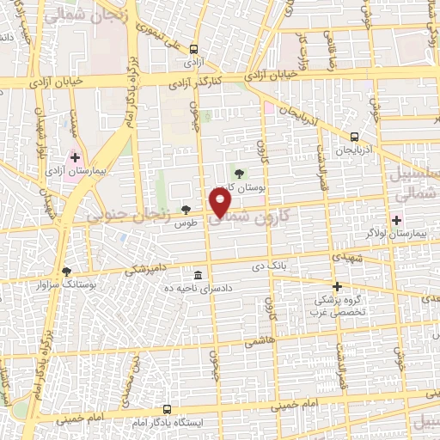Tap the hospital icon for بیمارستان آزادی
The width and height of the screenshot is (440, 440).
76,157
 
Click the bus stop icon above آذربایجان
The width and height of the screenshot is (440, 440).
354,137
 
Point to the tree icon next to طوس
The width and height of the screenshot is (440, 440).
186,210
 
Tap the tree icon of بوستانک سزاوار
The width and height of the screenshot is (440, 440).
67,271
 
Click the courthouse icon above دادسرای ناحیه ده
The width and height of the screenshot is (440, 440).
199,275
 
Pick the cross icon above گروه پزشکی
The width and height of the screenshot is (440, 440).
337,286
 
